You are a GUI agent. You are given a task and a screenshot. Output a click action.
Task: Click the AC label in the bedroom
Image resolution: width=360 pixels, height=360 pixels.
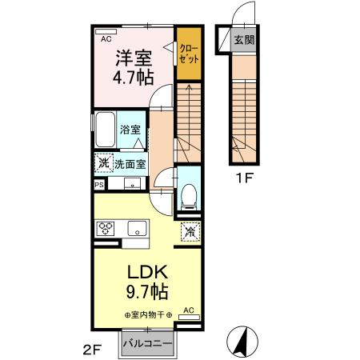tap(105, 37)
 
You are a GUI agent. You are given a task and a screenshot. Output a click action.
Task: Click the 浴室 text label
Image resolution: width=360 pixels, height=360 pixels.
tap(130, 129)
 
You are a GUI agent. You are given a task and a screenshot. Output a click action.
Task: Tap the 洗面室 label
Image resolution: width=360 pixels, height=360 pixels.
tap(130, 163)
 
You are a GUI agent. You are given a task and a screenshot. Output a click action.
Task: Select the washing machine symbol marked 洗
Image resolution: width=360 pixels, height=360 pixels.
tap(103, 163)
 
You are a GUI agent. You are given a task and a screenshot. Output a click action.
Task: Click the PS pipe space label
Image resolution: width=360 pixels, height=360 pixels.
tap(99, 185)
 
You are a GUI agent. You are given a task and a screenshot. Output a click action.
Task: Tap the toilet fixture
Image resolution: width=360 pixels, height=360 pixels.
tap(189, 193)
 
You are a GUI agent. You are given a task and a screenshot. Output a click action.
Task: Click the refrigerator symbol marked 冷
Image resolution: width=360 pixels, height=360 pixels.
tap(190, 231)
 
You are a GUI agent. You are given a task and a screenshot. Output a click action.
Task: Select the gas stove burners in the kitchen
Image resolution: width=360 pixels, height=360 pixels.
tap(107, 228)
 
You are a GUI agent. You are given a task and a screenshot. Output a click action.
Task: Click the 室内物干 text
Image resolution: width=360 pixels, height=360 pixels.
tap(148, 315)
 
